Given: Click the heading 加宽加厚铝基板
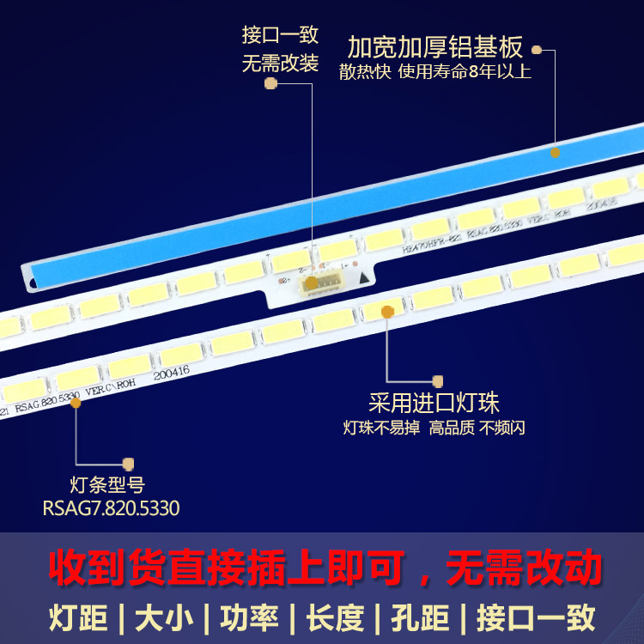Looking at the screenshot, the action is click(435, 46).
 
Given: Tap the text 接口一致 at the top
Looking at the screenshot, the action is click(280, 35).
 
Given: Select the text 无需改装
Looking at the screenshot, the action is click(280, 64).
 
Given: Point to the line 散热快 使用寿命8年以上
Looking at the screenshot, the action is click(435, 72).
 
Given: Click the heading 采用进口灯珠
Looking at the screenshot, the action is click(434, 403).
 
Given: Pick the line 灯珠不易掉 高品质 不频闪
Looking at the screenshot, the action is click(434, 428).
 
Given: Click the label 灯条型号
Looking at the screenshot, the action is click(107, 484).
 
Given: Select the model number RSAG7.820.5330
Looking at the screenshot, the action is click(111, 508).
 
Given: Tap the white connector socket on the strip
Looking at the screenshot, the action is click(315, 288).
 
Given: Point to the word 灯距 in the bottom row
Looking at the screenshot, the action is click(73, 617).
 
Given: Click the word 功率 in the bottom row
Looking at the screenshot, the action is click(246, 617).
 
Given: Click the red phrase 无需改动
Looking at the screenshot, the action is click(524, 568).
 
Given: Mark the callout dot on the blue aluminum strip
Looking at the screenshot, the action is click(556, 152).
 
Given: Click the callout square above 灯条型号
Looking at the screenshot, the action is click(129, 463).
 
